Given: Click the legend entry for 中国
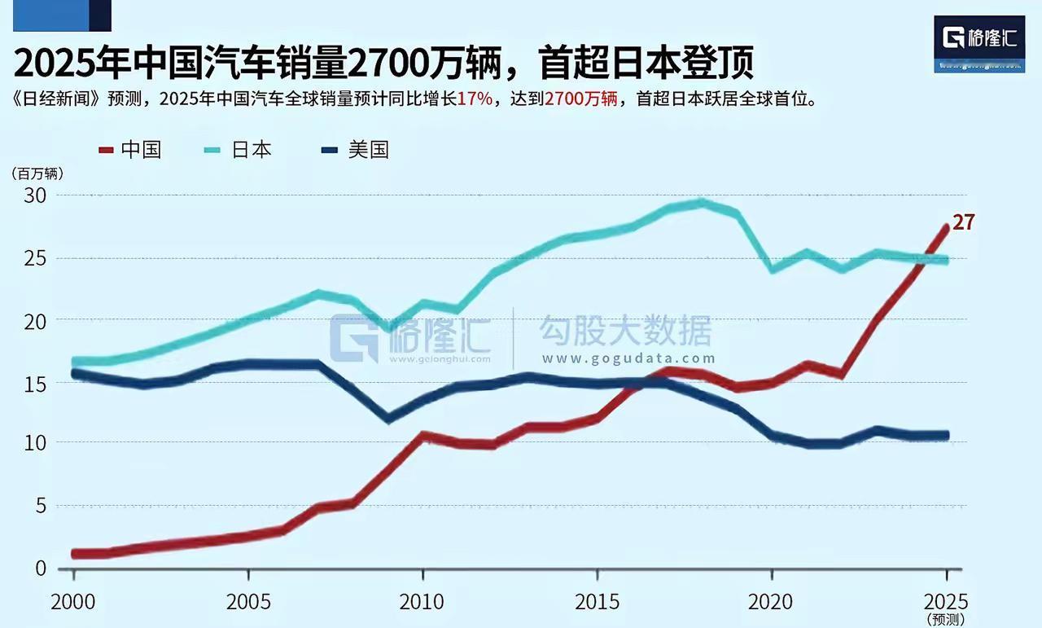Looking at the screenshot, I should (131, 150).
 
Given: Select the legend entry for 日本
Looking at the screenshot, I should (241, 150).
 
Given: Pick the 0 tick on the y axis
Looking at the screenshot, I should (39, 568).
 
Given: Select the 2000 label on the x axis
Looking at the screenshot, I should (74, 602).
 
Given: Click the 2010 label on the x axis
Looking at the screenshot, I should (422, 602).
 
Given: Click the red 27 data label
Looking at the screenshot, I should (963, 222).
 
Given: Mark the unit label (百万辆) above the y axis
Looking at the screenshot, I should (37, 173).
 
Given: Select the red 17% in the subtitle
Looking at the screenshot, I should (475, 99).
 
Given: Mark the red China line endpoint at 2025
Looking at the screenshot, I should (945, 227).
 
